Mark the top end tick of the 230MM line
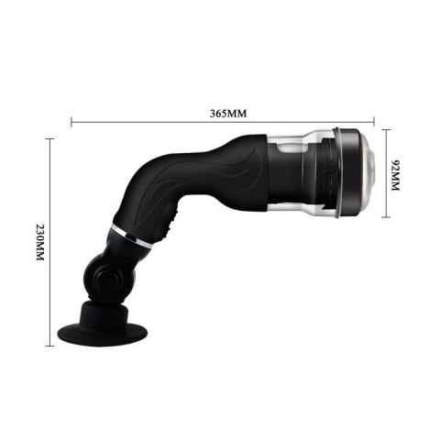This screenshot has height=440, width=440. coord(49,138)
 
